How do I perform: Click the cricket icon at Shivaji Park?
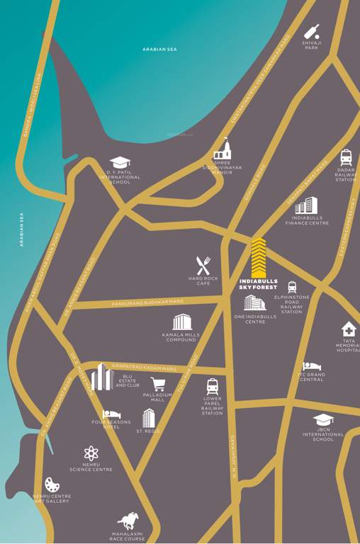312,31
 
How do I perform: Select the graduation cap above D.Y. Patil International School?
119,163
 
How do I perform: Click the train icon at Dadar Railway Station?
346,157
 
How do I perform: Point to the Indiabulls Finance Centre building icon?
306,206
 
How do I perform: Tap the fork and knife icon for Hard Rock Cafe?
204,266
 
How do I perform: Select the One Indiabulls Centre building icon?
254,303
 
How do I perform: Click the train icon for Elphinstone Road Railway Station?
292,288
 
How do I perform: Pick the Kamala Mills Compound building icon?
182,322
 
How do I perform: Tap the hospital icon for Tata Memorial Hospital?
349,329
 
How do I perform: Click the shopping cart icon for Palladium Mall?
158,384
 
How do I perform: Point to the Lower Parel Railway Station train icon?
213,386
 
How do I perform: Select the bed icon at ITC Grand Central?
312,366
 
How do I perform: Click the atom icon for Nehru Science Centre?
91,453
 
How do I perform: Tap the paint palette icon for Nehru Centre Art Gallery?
52,484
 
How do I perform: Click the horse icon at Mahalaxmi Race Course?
128,521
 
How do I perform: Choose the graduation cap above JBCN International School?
323,420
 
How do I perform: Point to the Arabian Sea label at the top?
159,49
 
